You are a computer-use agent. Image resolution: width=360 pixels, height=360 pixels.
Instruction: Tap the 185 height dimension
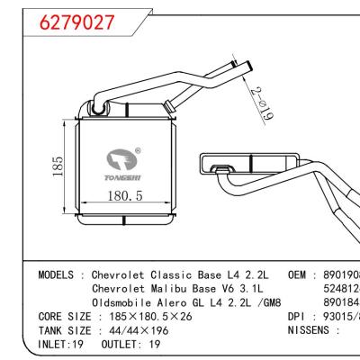click(x=58, y=168)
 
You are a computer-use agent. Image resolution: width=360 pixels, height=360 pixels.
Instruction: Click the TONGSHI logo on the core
click(x=121, y=165)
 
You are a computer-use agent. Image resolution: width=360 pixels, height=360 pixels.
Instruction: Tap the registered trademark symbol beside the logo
click(x=137, y=151)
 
